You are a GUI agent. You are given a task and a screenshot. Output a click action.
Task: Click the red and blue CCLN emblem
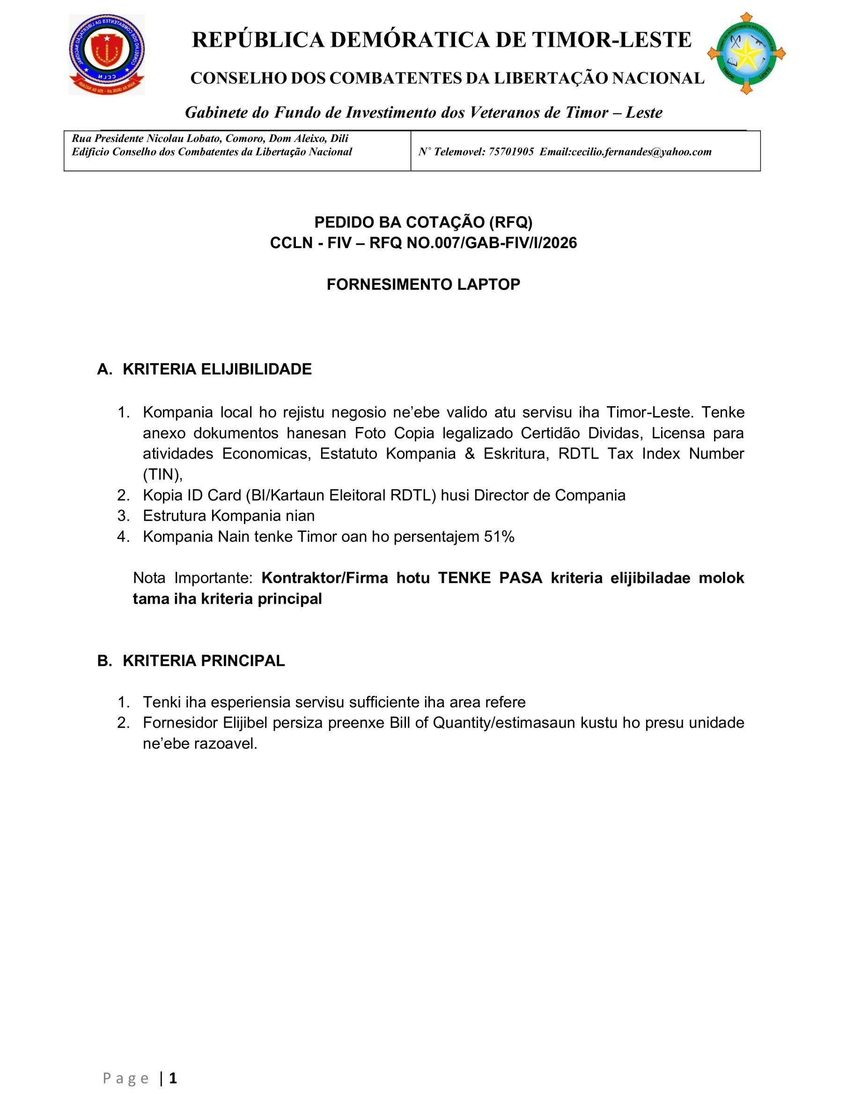(x=107, y=54)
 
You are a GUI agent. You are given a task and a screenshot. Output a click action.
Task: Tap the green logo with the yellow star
(x=746, y=54)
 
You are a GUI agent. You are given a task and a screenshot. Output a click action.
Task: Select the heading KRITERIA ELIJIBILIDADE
(x=217, y=369)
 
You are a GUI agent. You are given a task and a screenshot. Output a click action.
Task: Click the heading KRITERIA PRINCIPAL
(x=204, y=661)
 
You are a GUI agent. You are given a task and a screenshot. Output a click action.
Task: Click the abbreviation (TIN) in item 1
(x=162, y=474)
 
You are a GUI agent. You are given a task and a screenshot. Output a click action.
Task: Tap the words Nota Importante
(x=192, y=578)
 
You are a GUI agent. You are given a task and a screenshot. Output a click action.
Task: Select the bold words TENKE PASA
(x=490, y=578)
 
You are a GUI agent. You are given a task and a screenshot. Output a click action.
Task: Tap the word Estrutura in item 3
(x=175, y=516)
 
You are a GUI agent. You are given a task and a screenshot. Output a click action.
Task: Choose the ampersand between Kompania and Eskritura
(x=470, y=454)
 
